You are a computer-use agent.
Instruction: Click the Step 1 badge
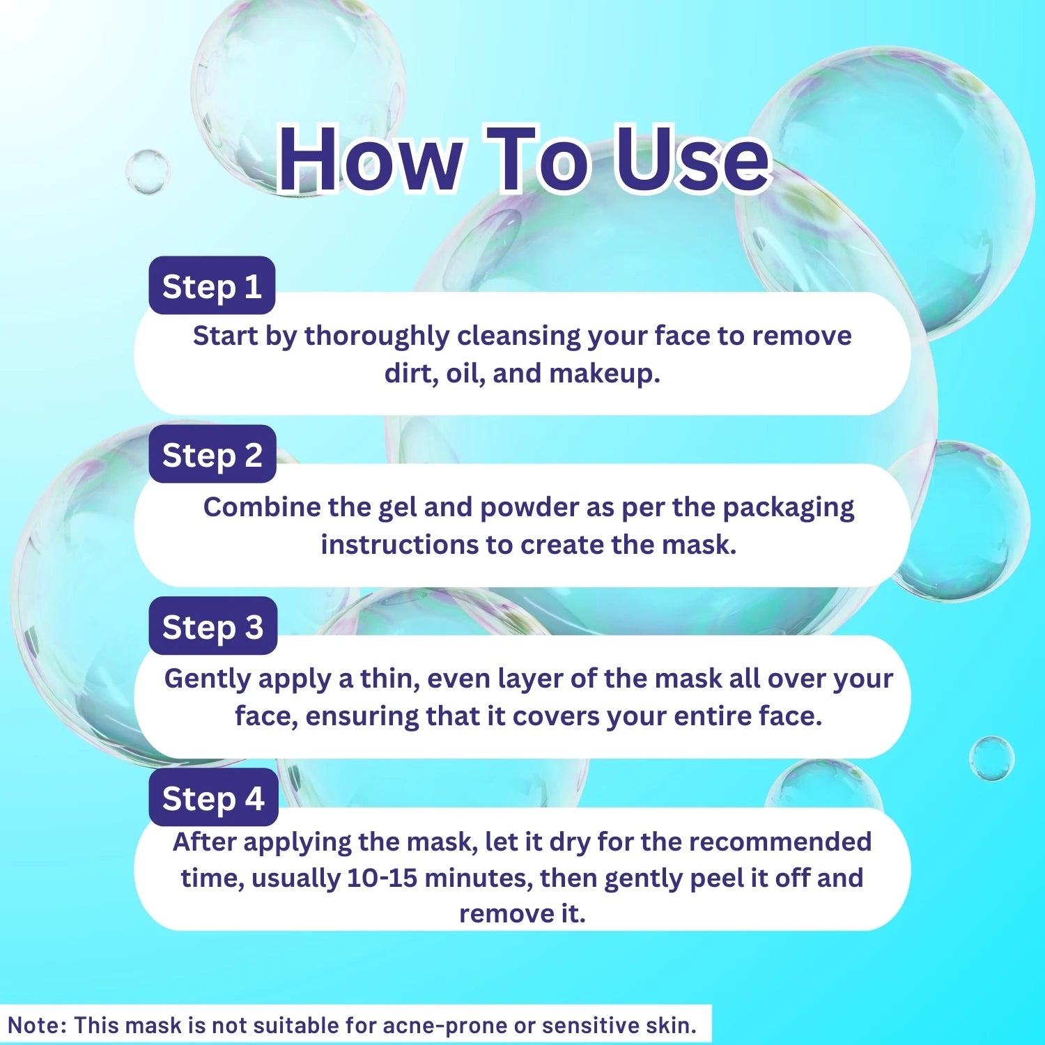pyautogui.click(x=212, y=286)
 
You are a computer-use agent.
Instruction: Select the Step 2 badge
pyautogui.click(x=212, y=454)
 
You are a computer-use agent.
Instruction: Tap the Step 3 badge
pyautogui.click(x=212, y=626)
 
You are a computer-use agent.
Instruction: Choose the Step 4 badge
pyautogui.click(x=213, y=798)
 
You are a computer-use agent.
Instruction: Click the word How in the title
pyautogui.click(x=370, y=159)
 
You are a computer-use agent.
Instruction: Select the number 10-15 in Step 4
pyautogui.click(x=382, y=878)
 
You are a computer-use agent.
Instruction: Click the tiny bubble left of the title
pyautogui.click(x=148, y=171)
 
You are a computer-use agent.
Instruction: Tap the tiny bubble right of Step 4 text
pyautogui.click(x=991, y=758)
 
